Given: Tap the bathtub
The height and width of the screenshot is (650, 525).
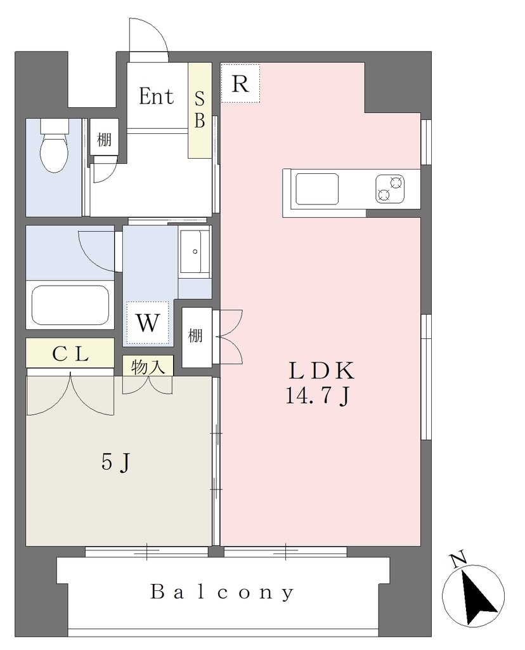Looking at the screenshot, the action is click(x=70, y=305).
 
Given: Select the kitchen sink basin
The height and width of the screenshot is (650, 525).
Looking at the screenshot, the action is click(x=317, y=189).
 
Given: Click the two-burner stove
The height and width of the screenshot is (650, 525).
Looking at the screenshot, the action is click(x=390, y=189).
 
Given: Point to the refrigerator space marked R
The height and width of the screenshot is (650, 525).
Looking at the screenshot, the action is click(x=240, y=83).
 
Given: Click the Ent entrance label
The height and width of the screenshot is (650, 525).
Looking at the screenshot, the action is click(x=156, y=96).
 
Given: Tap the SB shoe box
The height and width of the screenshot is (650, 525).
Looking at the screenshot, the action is click(x=200, y=110).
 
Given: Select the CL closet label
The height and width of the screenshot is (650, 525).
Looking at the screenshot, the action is click(x=70, y=354).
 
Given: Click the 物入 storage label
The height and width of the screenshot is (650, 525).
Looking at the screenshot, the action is click(x=148, y=366).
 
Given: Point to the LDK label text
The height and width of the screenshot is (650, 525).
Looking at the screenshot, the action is click(x=321, y=371).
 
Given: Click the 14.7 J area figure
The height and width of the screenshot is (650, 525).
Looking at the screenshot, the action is click(x=318, y=397).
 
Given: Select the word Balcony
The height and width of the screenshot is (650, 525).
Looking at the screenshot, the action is click(x=223, y=592).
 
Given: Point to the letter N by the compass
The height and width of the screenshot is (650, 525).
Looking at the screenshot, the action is click(x=458, y=560).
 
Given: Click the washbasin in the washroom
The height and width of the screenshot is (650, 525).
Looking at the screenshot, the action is click(x=195, y=251).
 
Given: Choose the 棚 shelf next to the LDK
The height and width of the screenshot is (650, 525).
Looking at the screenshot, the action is click(x=196, y=335).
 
